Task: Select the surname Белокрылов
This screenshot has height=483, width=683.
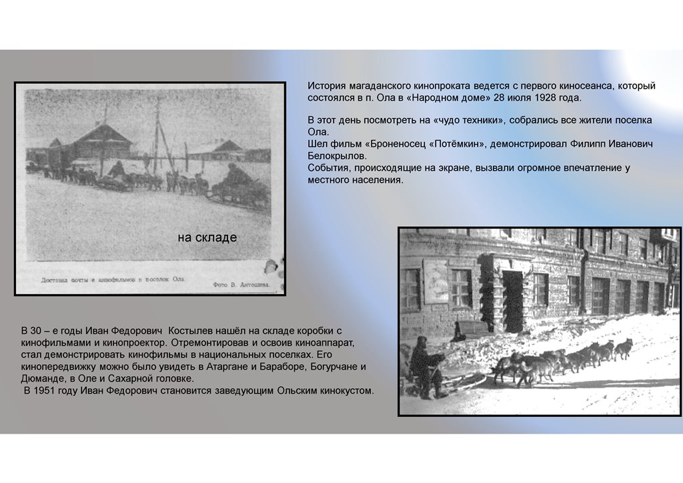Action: point(337,156)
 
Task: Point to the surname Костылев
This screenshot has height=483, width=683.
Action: point(197,330)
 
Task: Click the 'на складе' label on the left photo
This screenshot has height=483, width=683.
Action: point(207,237)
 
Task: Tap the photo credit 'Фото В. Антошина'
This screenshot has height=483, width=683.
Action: point(242,284)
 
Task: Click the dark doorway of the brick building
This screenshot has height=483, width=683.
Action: point(512,301)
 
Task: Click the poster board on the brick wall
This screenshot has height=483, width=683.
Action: point(436,281)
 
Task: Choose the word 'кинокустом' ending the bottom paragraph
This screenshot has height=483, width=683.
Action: point(345,390)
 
